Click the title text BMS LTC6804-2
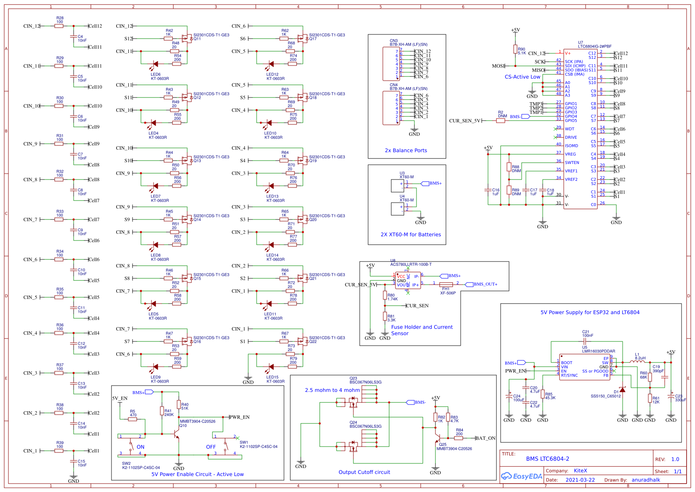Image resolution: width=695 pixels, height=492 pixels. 547,459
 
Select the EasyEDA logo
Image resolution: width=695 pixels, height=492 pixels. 521,476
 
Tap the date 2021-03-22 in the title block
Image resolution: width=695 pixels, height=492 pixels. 580,480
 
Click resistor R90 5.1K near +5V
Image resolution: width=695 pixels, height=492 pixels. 515,49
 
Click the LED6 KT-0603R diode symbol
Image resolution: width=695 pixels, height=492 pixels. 155,64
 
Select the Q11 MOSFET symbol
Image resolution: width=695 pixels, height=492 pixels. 186,39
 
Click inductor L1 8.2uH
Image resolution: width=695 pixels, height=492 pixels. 637,361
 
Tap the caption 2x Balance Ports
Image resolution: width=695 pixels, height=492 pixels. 406,151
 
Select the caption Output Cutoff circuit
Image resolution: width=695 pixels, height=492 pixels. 364,472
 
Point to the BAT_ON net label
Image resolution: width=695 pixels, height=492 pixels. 485,438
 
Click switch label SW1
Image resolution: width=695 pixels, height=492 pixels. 244,442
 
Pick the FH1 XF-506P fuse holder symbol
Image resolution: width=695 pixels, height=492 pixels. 446,285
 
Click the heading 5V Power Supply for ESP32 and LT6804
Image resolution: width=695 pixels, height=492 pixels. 590,312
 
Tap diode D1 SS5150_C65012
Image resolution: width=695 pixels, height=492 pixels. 622,390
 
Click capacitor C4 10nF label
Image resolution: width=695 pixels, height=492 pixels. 81,38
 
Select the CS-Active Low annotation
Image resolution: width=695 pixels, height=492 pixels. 522,77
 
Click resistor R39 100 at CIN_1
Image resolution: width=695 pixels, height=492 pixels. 59,450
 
